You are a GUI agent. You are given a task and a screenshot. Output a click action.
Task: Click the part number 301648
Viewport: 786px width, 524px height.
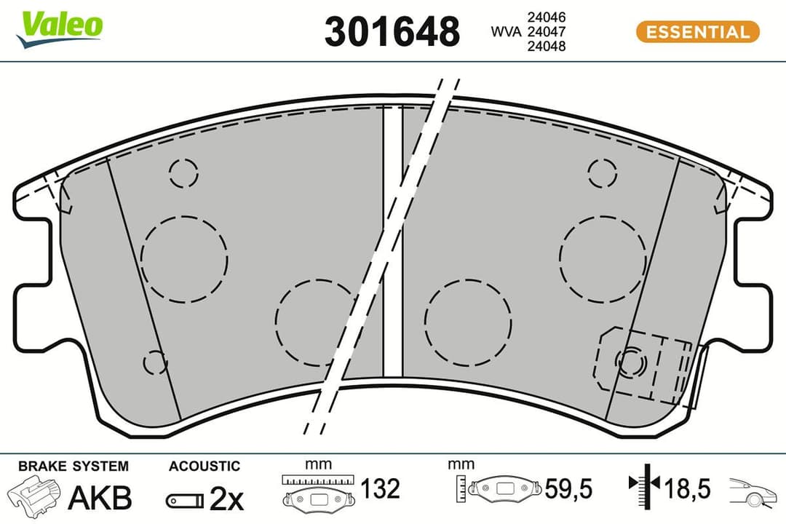point(392,32)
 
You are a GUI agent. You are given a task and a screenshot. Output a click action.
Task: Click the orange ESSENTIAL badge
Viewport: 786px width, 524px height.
point(697,32)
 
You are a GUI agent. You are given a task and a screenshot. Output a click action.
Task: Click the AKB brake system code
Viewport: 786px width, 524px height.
point(100,499)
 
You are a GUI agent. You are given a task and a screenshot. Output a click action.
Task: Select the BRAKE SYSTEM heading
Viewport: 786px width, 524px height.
point(73,466)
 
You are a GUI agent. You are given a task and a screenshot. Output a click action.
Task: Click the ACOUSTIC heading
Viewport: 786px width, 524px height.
point(204,466)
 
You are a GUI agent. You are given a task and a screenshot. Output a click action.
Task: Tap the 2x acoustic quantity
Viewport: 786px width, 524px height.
point(226,499)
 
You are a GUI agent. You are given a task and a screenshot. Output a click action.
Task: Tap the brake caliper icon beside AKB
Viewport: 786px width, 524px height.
point(35,496)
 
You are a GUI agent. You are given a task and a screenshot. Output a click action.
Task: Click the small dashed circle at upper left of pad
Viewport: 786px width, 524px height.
point(183,172)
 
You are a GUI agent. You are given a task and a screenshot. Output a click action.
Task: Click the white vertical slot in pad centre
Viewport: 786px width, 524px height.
point(392,240)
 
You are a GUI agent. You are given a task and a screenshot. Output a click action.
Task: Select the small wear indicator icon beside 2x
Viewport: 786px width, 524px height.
point(184,500)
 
